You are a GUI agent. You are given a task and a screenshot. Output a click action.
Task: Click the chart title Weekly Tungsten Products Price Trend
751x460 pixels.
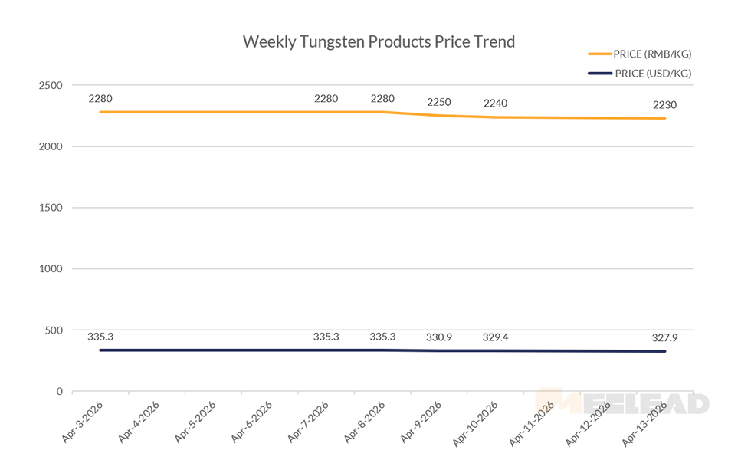(379, 41)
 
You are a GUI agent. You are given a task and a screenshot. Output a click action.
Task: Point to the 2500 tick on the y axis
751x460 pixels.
(51, 85)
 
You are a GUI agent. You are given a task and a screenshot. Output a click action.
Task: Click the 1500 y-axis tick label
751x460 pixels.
(51, 208)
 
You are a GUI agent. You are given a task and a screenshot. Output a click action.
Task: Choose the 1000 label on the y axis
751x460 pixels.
(51, 269)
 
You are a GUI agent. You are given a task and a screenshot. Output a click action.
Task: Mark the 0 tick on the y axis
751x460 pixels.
(59, 392)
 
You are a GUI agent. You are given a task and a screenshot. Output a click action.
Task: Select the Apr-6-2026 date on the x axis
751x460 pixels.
(251, 421)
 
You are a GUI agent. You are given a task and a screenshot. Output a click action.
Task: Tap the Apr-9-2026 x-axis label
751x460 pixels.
(420, 421)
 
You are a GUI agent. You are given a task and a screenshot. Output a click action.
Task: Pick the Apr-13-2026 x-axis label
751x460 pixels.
(644, 421)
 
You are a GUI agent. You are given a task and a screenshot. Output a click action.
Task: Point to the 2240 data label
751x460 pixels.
(495, 103)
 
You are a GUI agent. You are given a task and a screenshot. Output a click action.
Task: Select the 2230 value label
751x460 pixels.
(664, 106)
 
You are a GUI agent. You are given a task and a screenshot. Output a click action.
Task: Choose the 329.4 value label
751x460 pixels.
(495, 337)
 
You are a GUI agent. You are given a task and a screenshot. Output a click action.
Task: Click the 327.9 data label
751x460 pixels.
(664, 337)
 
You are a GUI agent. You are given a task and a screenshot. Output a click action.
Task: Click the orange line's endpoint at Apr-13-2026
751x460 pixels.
(664, 118)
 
